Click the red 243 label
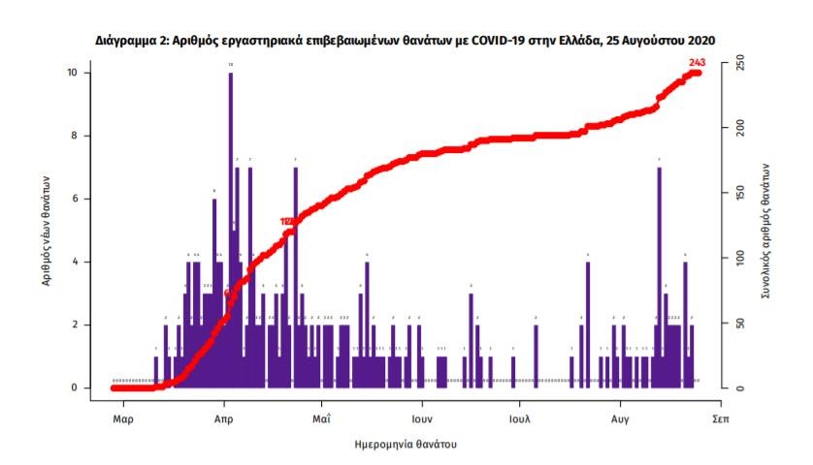[x=696, y=63]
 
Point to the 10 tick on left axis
[x=86, y=73]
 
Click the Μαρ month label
[x=122, y=420]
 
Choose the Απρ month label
[x=224, y=420]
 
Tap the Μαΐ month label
[x=323, y=420]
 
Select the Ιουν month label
[x=422, y=420]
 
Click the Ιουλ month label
[x=520, y=420]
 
